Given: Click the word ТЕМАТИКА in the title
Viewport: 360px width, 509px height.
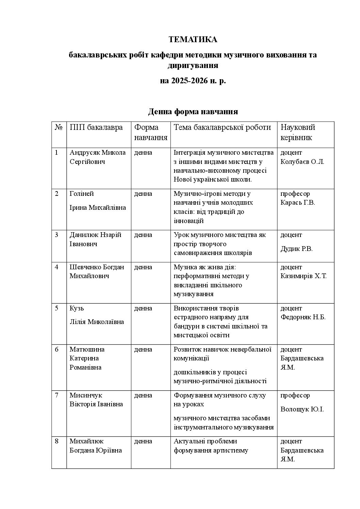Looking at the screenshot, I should pyautogui.click(x=193, y=40).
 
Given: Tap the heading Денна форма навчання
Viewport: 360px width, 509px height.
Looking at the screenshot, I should pyautogui.click(x=193, y=112).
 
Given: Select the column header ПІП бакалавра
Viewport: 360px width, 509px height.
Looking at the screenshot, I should pyautogui.click(x=96, y=128).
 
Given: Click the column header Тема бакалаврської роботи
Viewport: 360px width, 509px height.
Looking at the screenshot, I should pyautogui.click(x=222, y=128).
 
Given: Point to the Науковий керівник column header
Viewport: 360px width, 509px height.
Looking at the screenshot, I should pyautogui.click(x=298, y=132).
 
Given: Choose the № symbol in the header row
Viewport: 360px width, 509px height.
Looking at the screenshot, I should pyautogui.click(x=59, y=128).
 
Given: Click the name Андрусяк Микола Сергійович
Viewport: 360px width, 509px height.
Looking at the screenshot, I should pyautogui.click(x=97, y=157).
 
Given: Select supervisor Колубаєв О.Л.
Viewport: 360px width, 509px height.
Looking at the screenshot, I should pyautogui.click(x=302, y=162).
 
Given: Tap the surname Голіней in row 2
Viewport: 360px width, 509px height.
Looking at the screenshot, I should pyautogui.click(x=82, y=194).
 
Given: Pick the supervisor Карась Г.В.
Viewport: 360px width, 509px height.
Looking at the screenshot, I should pyautogui.click(x=298, y=203).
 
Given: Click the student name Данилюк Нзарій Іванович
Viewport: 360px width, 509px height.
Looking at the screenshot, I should pyautogui.click(x=95, y=239).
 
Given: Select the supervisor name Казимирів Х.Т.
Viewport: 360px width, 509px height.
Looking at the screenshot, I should pyautogui.click(x=304, y=276).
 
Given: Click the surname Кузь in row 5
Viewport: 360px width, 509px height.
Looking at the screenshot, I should pyautogui.click(x=77, y=308).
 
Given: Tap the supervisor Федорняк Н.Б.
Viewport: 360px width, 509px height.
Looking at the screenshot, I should pyautogui.click(x=303, y=317).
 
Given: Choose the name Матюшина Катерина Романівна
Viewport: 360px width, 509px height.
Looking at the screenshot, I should pyautogui.click(x=87, y=358).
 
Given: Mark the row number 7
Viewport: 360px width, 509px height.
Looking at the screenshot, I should pyautogui.click(x=57, y=395).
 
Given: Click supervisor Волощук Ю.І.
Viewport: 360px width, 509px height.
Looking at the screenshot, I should pyautogui.click(x=302, y=409).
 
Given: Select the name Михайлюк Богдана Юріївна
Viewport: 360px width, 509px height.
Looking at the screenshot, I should pyautogui.click(x=96, y=446).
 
